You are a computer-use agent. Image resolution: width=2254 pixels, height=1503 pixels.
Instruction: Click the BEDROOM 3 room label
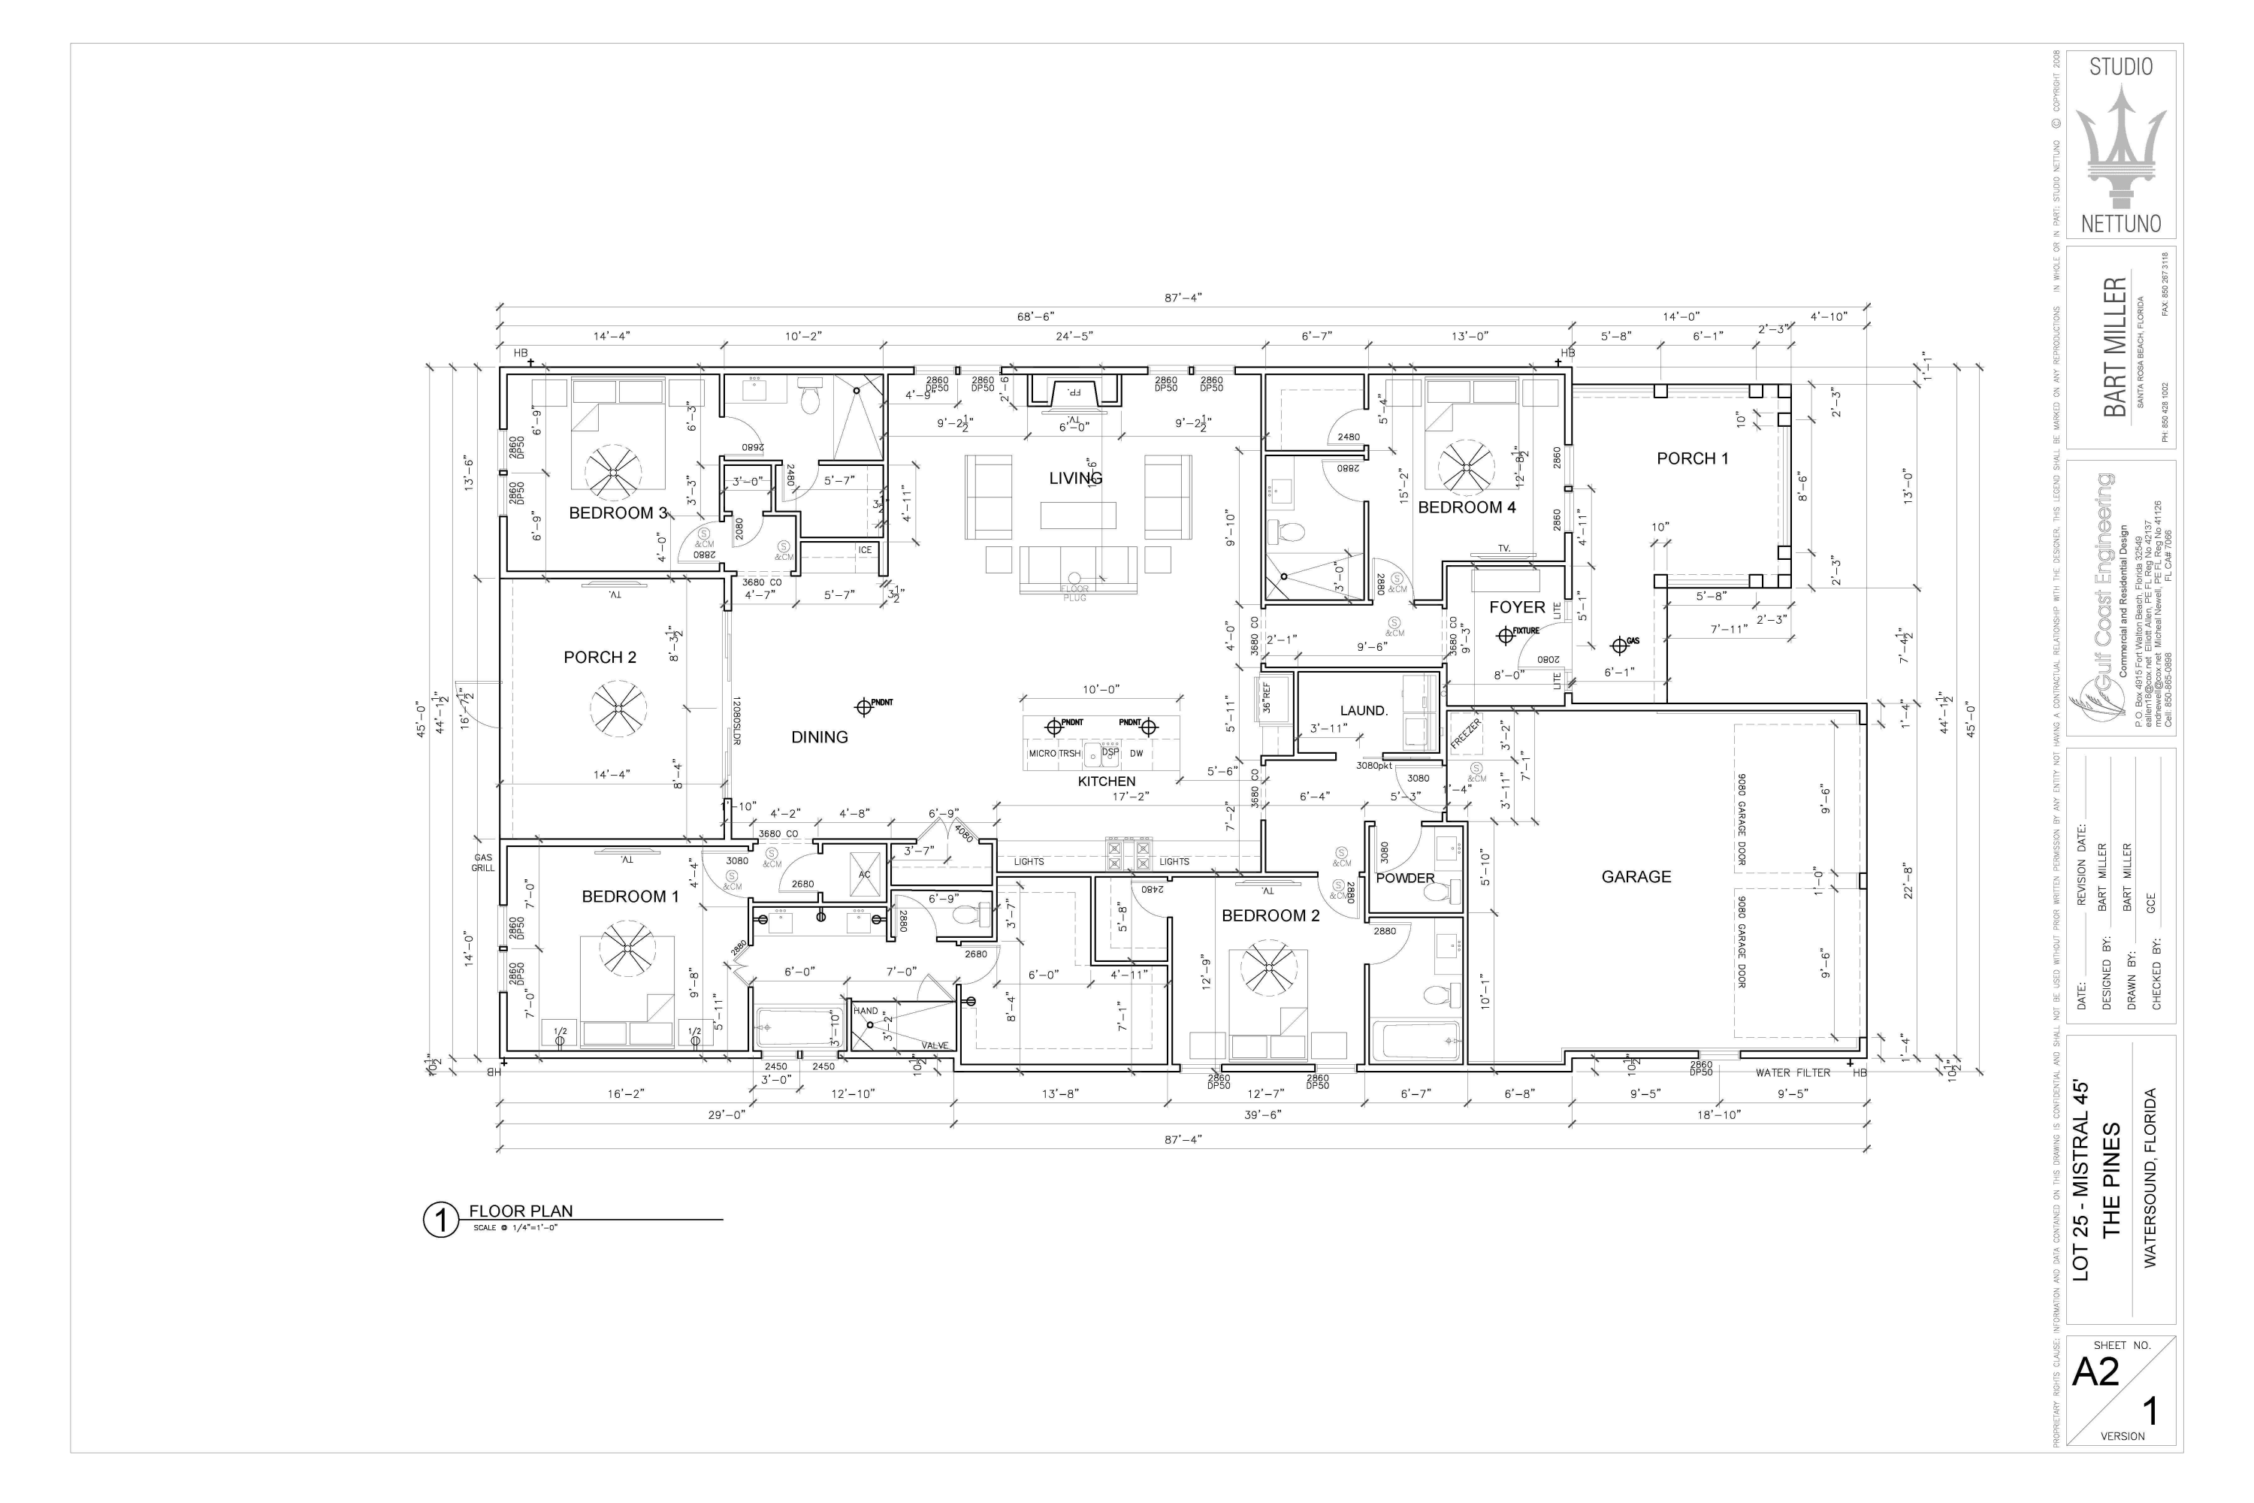(x=617, y=513)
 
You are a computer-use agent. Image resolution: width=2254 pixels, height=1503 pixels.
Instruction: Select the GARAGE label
(x=1636, y=876)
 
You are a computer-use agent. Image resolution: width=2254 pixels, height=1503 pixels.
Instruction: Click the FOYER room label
(x=1516, y=606)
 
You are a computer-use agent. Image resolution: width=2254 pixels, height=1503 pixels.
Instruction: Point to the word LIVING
(x=1075, y=477)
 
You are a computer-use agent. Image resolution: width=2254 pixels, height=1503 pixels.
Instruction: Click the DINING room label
(x=820, y=737)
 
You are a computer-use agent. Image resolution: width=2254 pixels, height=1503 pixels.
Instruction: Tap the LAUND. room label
(x=1363, y=710)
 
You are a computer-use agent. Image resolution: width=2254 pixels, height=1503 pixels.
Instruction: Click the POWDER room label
(x=1405, y=878)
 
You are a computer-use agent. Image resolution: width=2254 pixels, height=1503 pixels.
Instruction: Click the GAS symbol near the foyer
(x=1620, y=644)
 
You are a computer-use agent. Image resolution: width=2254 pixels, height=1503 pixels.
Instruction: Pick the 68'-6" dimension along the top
(x=1035, y=316)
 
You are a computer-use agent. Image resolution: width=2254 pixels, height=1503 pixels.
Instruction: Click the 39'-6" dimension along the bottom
(x=1262, y=1114)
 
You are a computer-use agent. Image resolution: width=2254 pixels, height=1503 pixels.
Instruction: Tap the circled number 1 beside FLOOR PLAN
(x=441, y=1220)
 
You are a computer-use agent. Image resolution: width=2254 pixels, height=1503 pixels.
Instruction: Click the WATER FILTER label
(x=1792, y=1072)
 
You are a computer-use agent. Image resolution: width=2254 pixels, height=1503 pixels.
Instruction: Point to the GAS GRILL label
(x=483, y=863)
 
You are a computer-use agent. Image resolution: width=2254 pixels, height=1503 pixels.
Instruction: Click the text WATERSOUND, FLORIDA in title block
(x=2150, y=1178)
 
